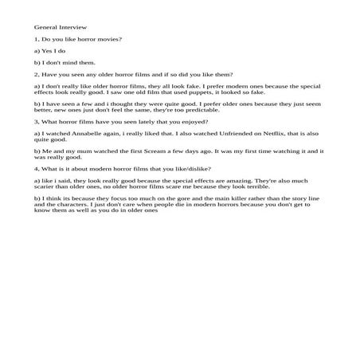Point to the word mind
click(x=69, y=62)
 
